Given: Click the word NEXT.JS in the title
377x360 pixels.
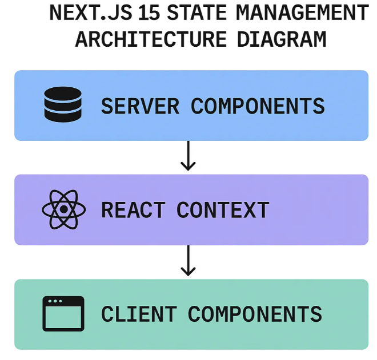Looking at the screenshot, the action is coord(91,13).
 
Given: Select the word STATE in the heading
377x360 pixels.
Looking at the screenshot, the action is coord(196,13).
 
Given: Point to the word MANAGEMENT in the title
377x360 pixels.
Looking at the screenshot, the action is coord(302,13).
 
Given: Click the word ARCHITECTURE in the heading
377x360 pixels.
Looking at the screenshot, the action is coord(151,39).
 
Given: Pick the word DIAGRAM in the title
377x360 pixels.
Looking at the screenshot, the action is coord(282,39).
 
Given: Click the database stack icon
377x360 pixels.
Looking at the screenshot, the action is coord(63,104).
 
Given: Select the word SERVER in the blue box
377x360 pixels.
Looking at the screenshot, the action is coord(140,106).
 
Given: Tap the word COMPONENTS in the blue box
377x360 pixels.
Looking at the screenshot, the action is coord(258,106).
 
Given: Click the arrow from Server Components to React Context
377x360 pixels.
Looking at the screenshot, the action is coord(188,156).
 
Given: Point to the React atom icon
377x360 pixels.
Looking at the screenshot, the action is coord(64,209).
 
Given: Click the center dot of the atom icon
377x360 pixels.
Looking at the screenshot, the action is coord(64,209).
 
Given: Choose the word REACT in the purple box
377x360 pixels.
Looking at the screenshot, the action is coord(133,210).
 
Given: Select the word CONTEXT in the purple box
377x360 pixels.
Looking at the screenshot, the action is coord(223,210).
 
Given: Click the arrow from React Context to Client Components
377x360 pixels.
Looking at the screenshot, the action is coord(188,260).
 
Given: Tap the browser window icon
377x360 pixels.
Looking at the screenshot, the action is coord(63,314).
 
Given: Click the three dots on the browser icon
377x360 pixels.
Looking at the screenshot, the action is coord(55,301).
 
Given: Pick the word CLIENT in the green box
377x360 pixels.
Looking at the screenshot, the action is coord(139,314).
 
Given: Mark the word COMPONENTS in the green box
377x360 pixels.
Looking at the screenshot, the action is coord(255,314).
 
